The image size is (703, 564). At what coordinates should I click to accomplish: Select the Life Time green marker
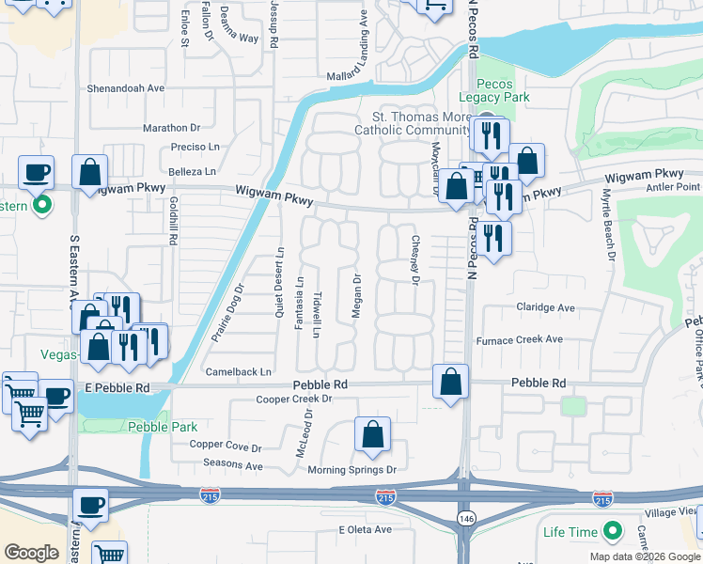pos(613,532)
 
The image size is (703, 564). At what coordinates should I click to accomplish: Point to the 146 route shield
pos(465,518)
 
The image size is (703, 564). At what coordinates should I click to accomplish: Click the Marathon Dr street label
pos(172,128)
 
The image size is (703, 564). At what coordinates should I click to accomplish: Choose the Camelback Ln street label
pos(239,372)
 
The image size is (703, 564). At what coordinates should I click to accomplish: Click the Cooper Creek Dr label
pos(295,399)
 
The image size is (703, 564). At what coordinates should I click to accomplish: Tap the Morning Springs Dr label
pos(353,469)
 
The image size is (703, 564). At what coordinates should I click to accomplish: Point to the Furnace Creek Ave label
pos(520,339)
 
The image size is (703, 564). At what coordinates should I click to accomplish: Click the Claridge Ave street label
pos(545,307)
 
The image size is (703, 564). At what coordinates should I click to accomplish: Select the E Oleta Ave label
pos(365,530)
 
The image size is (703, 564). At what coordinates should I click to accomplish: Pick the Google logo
pos(32,553)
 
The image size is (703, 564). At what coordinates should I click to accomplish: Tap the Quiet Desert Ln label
pos(279,281)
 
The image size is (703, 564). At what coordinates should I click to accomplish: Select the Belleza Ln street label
pos(193,172)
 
